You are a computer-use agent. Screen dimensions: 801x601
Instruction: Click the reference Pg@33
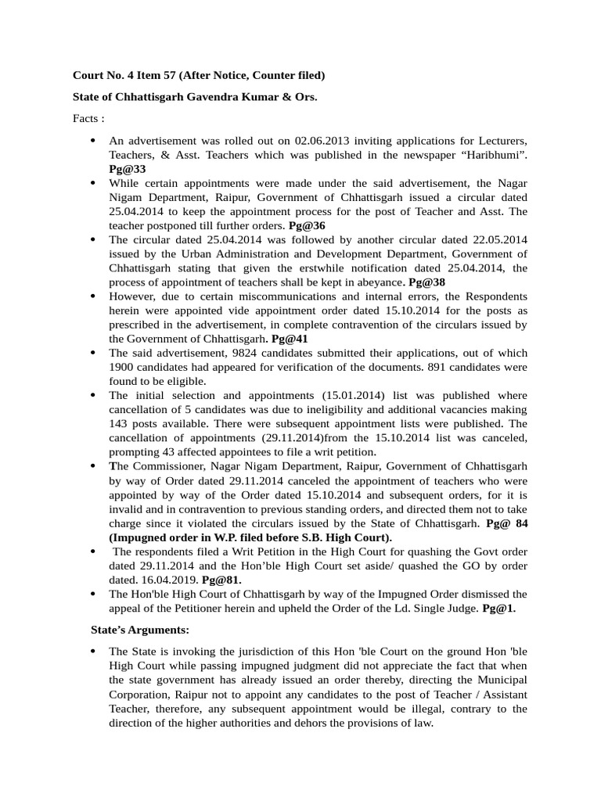tap(127, 168)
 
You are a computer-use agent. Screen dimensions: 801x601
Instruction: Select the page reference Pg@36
tap(307, 225)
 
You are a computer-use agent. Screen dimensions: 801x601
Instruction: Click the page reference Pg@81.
tap(221, 580)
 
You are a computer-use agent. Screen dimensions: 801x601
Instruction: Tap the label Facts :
tap(88, 119)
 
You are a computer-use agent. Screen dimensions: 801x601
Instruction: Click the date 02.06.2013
tap(323, 141)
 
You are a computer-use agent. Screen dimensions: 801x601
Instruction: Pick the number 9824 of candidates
tap(215, 353)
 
